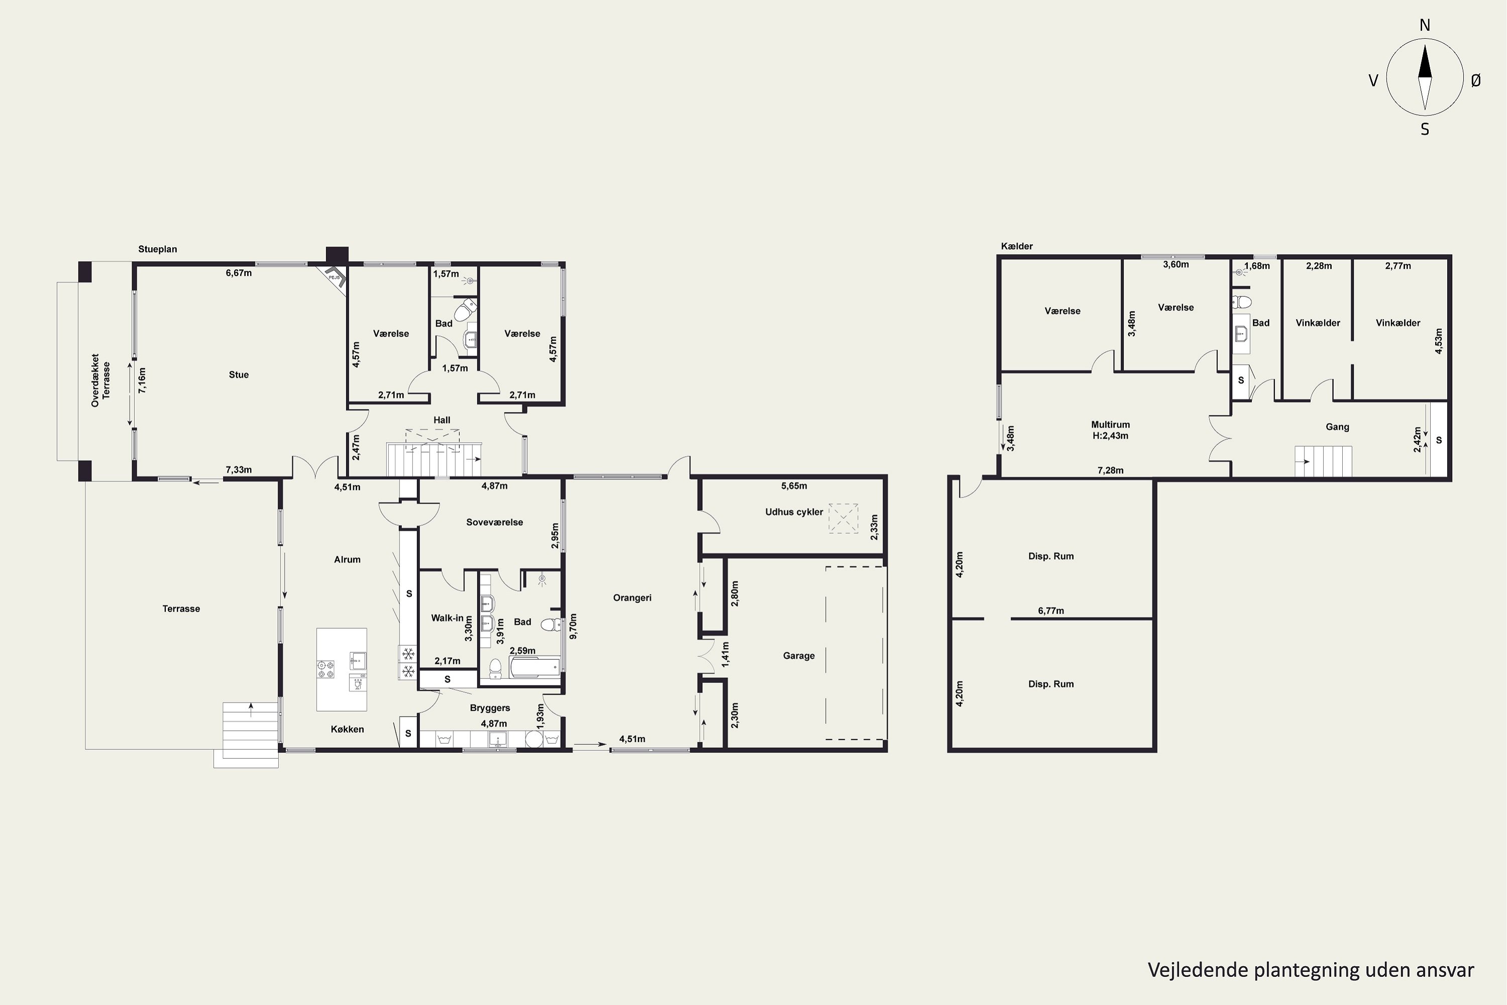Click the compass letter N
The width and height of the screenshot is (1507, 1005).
[1425, 25]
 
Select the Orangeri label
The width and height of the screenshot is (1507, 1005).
[632, 598]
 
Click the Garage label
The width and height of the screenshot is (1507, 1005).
[798, 656]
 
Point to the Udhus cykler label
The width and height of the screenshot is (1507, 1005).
[794, 512]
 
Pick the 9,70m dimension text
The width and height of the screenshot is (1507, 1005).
[573, 626]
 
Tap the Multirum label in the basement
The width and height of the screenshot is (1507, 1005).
[1110, 424]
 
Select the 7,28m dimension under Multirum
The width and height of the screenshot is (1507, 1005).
[1110, 470]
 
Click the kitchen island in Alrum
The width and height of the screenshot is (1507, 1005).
[342, 669]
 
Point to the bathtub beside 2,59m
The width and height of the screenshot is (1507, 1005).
[534, 667]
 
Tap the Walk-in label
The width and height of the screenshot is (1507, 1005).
[447, 619]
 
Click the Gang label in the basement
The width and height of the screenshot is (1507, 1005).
[1337, 427]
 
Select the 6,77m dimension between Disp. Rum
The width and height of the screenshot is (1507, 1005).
[1051, 611]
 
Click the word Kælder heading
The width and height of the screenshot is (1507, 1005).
[1017, 246]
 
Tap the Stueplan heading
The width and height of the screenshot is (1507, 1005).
[158, 249]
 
